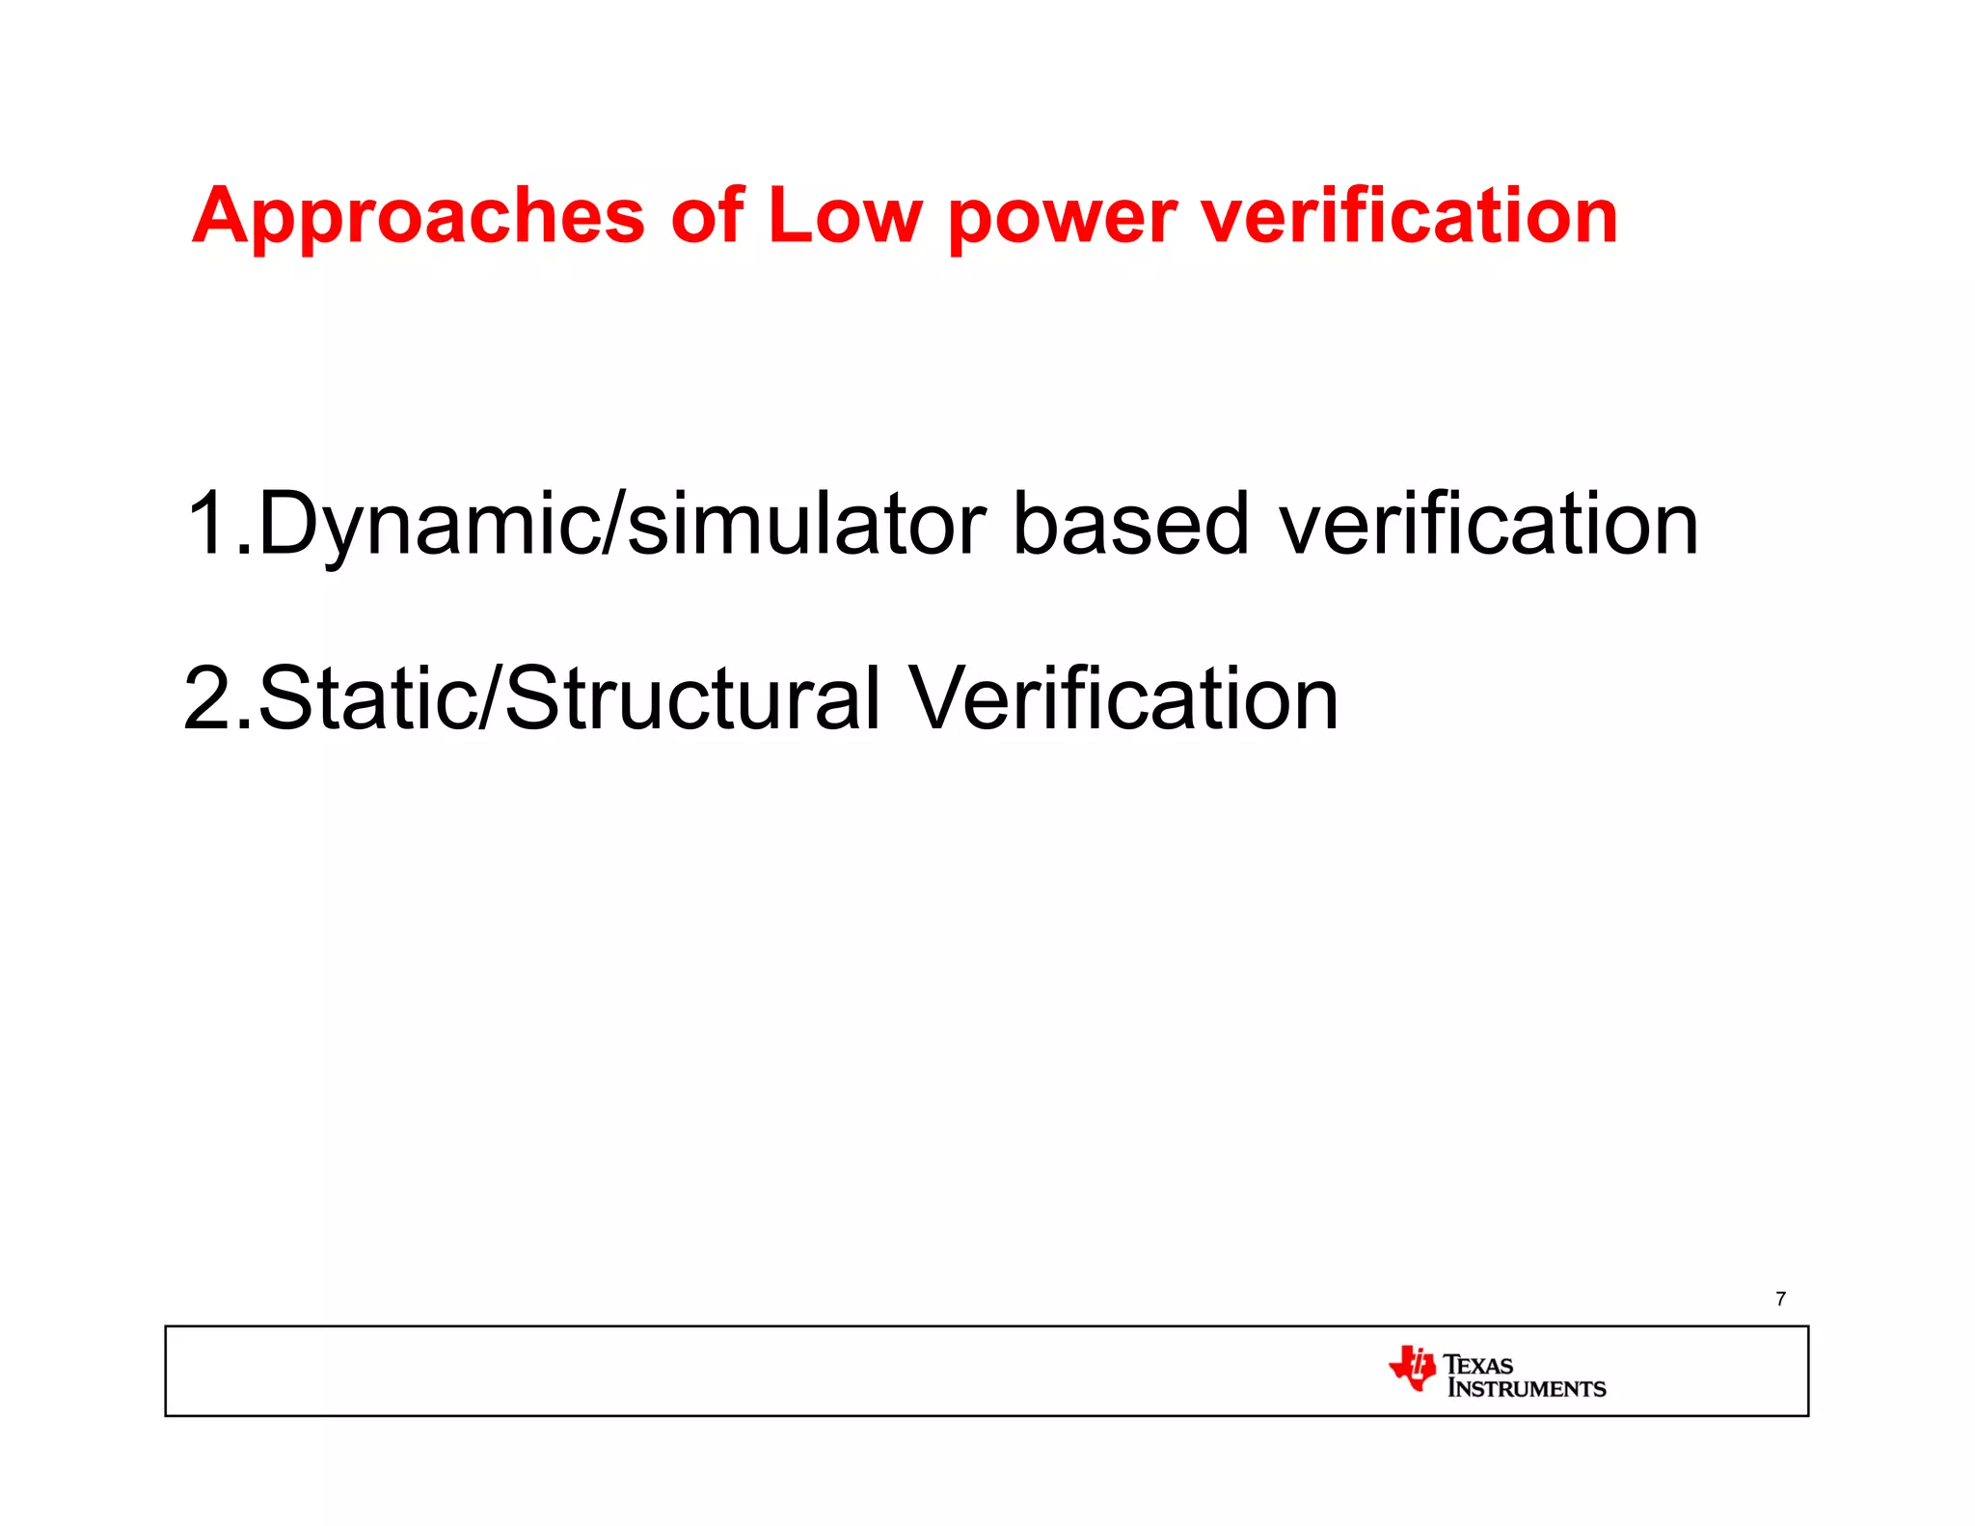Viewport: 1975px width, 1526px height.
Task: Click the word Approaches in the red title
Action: coord(419,216)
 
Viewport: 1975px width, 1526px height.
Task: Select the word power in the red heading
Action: coord(1062,220)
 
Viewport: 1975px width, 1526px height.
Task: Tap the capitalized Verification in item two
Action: coord(1123,698)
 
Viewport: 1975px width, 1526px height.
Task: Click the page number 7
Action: coord(1780,1298)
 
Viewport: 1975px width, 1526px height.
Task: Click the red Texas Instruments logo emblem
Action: coord(1413,1368)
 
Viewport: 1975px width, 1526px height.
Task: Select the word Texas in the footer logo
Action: coord(1478,1364)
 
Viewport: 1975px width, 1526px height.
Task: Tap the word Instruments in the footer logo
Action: coord(1527,1389)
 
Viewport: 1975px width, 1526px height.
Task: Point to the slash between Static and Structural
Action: coord(491,698)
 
